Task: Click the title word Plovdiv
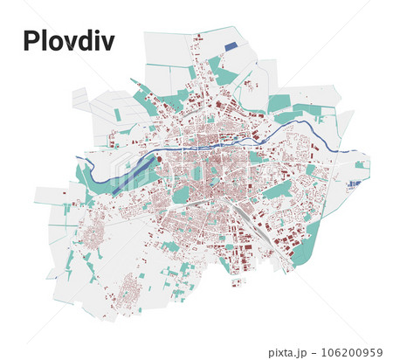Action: [68, 40]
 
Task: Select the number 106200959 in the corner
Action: [355, 353]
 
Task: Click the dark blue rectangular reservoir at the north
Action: [231, 46]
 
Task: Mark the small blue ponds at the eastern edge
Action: [354, 184]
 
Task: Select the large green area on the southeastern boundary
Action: [305, 246]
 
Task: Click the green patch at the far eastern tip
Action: [361, 164]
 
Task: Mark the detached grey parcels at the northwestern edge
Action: [80, 98]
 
